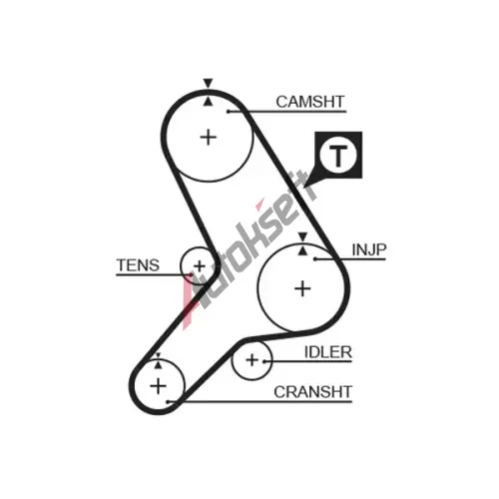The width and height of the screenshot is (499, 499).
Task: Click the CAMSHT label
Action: coord(309,102)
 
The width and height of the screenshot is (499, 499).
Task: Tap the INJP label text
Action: coord(369,249)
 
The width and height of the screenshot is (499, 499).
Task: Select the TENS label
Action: coord(138,265)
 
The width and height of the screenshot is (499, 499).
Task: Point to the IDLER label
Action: coord(328,352)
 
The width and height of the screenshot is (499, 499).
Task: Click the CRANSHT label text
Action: coord(312,392)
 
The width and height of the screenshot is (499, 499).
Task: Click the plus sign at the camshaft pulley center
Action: coord(209,137)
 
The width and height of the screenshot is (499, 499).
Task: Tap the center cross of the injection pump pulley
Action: coord(302,288)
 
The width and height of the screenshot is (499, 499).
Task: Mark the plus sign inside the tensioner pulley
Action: coord(200,266)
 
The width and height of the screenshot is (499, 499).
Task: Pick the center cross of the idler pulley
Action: coord(252,360)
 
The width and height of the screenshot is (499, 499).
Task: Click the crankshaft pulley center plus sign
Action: coord(158,386)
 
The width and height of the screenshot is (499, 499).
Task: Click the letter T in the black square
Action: coord(338,156)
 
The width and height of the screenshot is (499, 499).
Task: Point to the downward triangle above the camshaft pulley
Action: coord(208,83)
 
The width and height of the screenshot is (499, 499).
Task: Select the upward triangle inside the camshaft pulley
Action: coord(208,102)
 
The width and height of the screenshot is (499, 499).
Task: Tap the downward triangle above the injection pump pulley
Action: coord(302,237)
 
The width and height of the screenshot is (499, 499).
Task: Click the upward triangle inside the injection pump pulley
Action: coord(302,250)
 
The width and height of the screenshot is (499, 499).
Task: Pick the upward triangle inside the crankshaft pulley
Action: coord(158,365)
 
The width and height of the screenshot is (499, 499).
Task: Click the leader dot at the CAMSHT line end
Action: coord(229,111)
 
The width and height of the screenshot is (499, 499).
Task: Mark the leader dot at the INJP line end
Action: coord(315,258)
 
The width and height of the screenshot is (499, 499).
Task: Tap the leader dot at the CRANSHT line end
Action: coord(169,402)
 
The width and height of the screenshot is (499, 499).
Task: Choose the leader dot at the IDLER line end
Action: coord(264,361)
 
